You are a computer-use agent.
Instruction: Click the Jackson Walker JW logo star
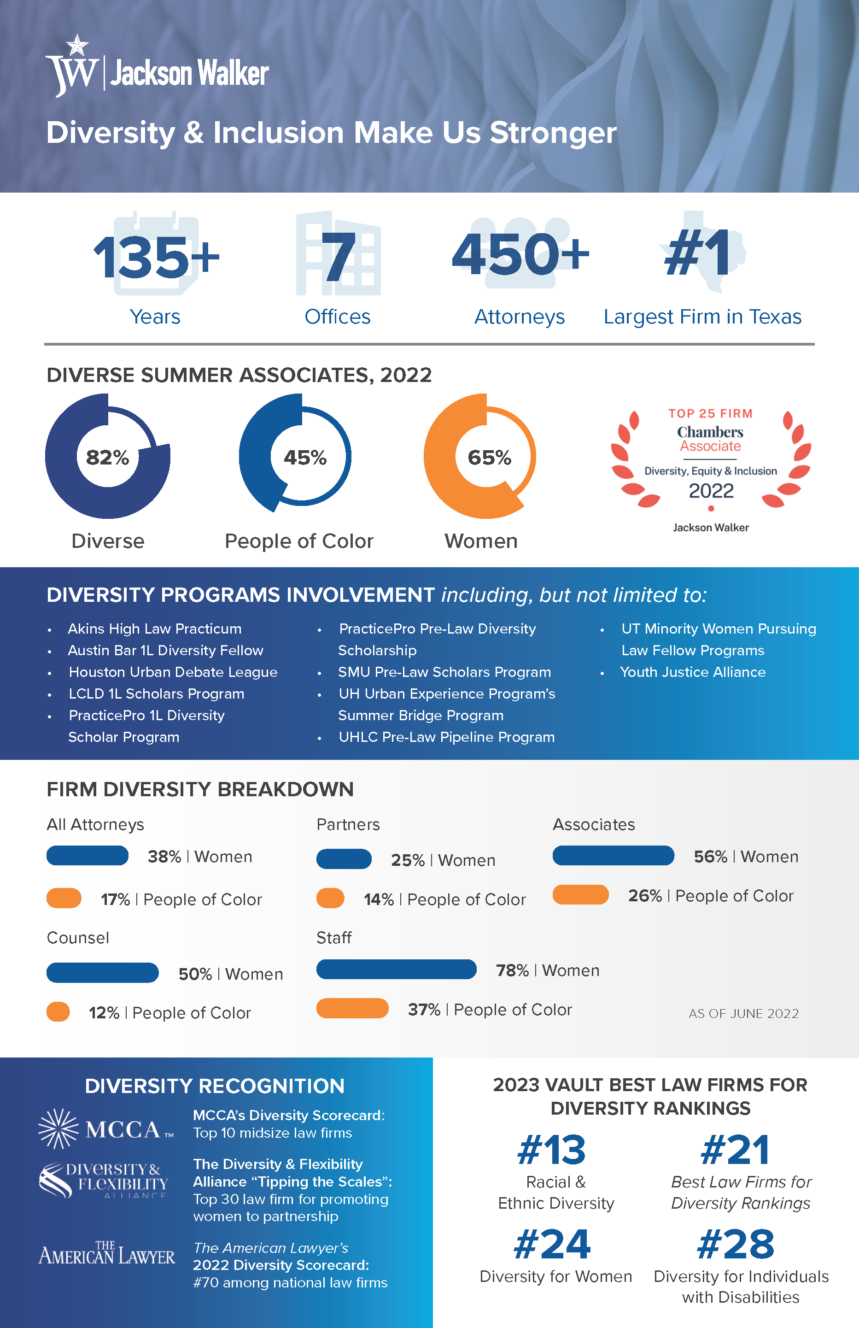77,45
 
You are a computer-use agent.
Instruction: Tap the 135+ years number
156,257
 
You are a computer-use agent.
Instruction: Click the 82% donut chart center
108,458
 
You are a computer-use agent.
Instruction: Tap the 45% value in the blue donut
304,458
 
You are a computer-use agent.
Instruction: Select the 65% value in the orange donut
489,458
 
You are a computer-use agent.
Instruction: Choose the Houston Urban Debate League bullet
173,672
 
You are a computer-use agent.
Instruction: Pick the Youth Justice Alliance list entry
693,672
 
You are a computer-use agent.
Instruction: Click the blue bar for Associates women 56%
613,855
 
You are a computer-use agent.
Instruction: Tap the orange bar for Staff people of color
352,1008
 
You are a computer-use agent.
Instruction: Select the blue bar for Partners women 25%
344,859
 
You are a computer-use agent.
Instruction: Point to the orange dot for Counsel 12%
58,1011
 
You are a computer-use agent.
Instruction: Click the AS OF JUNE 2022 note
743,1013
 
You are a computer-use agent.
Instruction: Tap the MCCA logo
106,1129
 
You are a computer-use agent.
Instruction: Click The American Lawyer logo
106,1254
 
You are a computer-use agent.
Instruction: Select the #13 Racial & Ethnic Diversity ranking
552,1151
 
